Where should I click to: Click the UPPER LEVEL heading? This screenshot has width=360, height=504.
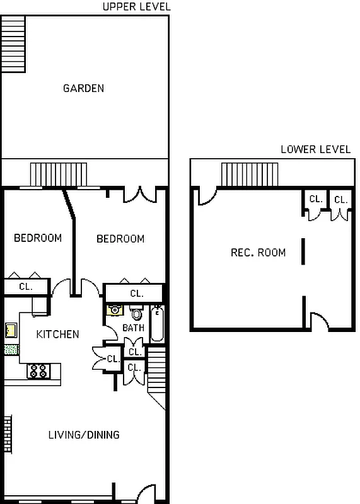pos(136,7)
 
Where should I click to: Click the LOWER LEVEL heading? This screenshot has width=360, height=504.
pos(315,149)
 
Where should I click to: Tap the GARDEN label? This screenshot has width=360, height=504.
pos(83,88)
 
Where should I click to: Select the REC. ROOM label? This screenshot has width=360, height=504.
pos(258,253)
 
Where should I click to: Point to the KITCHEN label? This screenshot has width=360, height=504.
pos(57,334)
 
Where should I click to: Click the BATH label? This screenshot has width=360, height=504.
pos(133,328)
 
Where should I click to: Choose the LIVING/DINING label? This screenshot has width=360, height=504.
pos(84,435)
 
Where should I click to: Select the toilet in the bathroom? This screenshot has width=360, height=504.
pos(136,313)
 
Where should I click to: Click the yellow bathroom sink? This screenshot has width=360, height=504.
pos(115,309)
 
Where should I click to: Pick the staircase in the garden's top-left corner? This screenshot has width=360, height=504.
pos(13,43)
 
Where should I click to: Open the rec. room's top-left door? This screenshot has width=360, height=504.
pos(204,197)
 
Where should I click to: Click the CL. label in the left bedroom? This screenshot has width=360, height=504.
pos(25,287)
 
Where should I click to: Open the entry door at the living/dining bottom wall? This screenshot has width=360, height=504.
pos(146,493)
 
